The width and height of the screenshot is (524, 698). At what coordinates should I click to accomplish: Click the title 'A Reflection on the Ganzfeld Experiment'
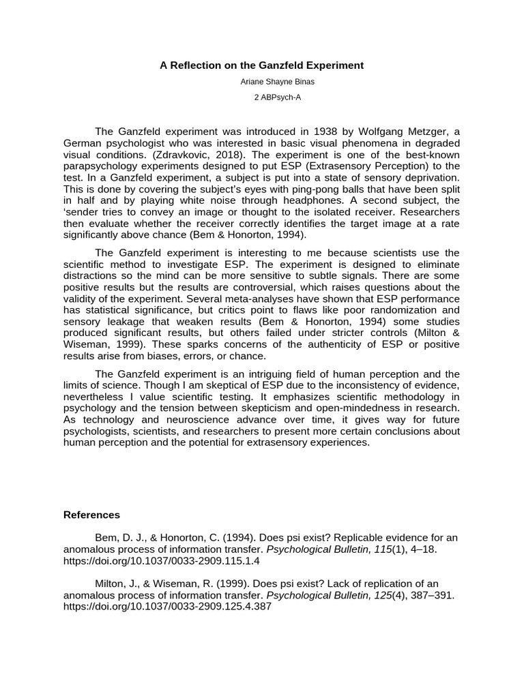pyautogui.click(x=262, y=65)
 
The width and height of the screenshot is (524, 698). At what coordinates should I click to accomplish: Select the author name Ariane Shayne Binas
pyautogui.click(x=262, y=82)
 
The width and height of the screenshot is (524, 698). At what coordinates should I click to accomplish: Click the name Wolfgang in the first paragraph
pyautogui.click(x=377, y=132)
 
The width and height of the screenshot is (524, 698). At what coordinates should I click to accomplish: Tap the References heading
pyautogui.click(x=91, y=515)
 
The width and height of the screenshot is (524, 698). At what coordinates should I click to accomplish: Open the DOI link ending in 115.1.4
pyautogui.click(x=162, y=561)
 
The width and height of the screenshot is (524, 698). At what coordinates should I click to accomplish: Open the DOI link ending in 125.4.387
pyautogui.click(x=167, y=607)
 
